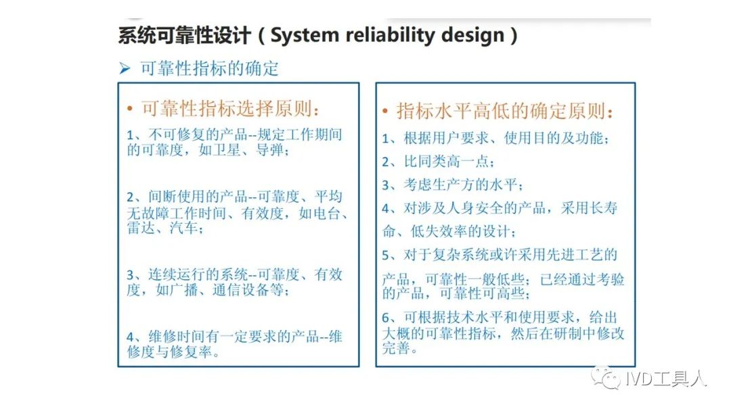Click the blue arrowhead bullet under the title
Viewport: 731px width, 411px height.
(x=125, y=69)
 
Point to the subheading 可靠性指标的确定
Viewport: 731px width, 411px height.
(x=209, y=69)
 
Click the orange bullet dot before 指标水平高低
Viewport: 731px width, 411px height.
(x=385, y=112)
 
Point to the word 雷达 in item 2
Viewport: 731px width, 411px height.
(x=141, y=228)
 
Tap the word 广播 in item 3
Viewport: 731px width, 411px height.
(x=183, y=290)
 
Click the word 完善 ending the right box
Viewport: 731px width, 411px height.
(x=396, y=347)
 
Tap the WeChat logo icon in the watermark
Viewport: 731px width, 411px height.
(x=605, y=377)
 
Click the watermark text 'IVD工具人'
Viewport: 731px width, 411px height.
(x=665, y=379)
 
